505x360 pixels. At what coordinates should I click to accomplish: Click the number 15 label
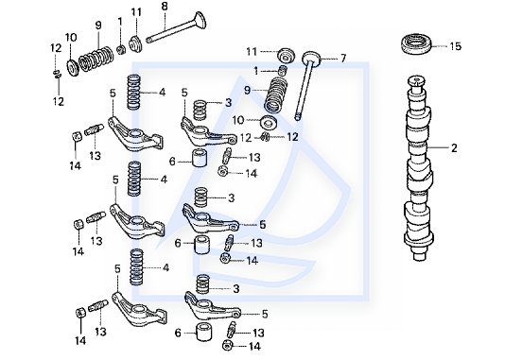pos(456,46)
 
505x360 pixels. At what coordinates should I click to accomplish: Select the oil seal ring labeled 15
pos(415,43)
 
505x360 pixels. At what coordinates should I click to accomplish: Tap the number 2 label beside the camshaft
pos(454,148)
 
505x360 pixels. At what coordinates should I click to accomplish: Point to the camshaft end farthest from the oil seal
pos(419,256)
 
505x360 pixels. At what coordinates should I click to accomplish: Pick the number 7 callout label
pos(343,59)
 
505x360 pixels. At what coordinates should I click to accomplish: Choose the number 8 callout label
pos(165,7)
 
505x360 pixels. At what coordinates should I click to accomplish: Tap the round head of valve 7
pos(312,58)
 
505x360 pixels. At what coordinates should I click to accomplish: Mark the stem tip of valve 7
pos(298,117)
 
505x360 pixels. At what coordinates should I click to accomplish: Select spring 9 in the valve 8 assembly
pos(96,60)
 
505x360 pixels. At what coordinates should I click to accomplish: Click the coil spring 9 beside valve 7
pos(276,95)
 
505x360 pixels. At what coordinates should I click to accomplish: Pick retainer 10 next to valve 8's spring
pos(73,67)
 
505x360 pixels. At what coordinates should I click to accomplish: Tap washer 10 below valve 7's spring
pos(269,123)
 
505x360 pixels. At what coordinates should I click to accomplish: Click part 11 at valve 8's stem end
pos(135,43)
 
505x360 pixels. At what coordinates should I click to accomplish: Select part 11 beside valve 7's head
pos(286,55)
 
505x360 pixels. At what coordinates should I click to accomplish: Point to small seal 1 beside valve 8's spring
pos(121,49)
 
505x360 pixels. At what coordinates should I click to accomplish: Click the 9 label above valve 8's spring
pos(98,26)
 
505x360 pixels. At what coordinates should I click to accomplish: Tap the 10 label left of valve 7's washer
pos(238,121)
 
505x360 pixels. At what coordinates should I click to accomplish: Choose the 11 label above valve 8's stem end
pos(136,12)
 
